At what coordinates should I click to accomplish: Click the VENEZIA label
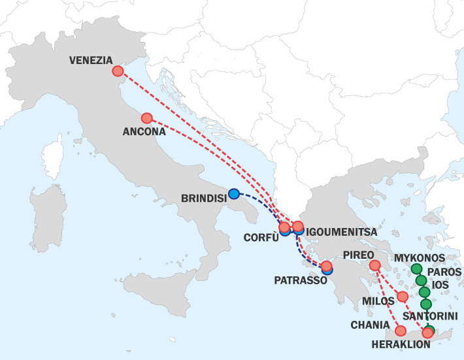(x=90, y=60)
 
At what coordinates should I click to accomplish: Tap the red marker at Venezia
(x=118, y=71)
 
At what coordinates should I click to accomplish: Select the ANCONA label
(x=142, y=131)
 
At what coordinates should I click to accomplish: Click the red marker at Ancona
(x=146, y=118)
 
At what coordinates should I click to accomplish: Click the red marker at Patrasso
(x=326, y=266)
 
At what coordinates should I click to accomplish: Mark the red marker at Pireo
(x=374, y=265)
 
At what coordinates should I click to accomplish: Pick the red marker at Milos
(x=403, y=297)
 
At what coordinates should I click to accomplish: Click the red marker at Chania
(x=401, y=331)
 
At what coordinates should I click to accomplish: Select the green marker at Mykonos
(x=416, y=269)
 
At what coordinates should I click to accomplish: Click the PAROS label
(x=445, y=272)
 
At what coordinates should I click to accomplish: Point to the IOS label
(x=441, y=285)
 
